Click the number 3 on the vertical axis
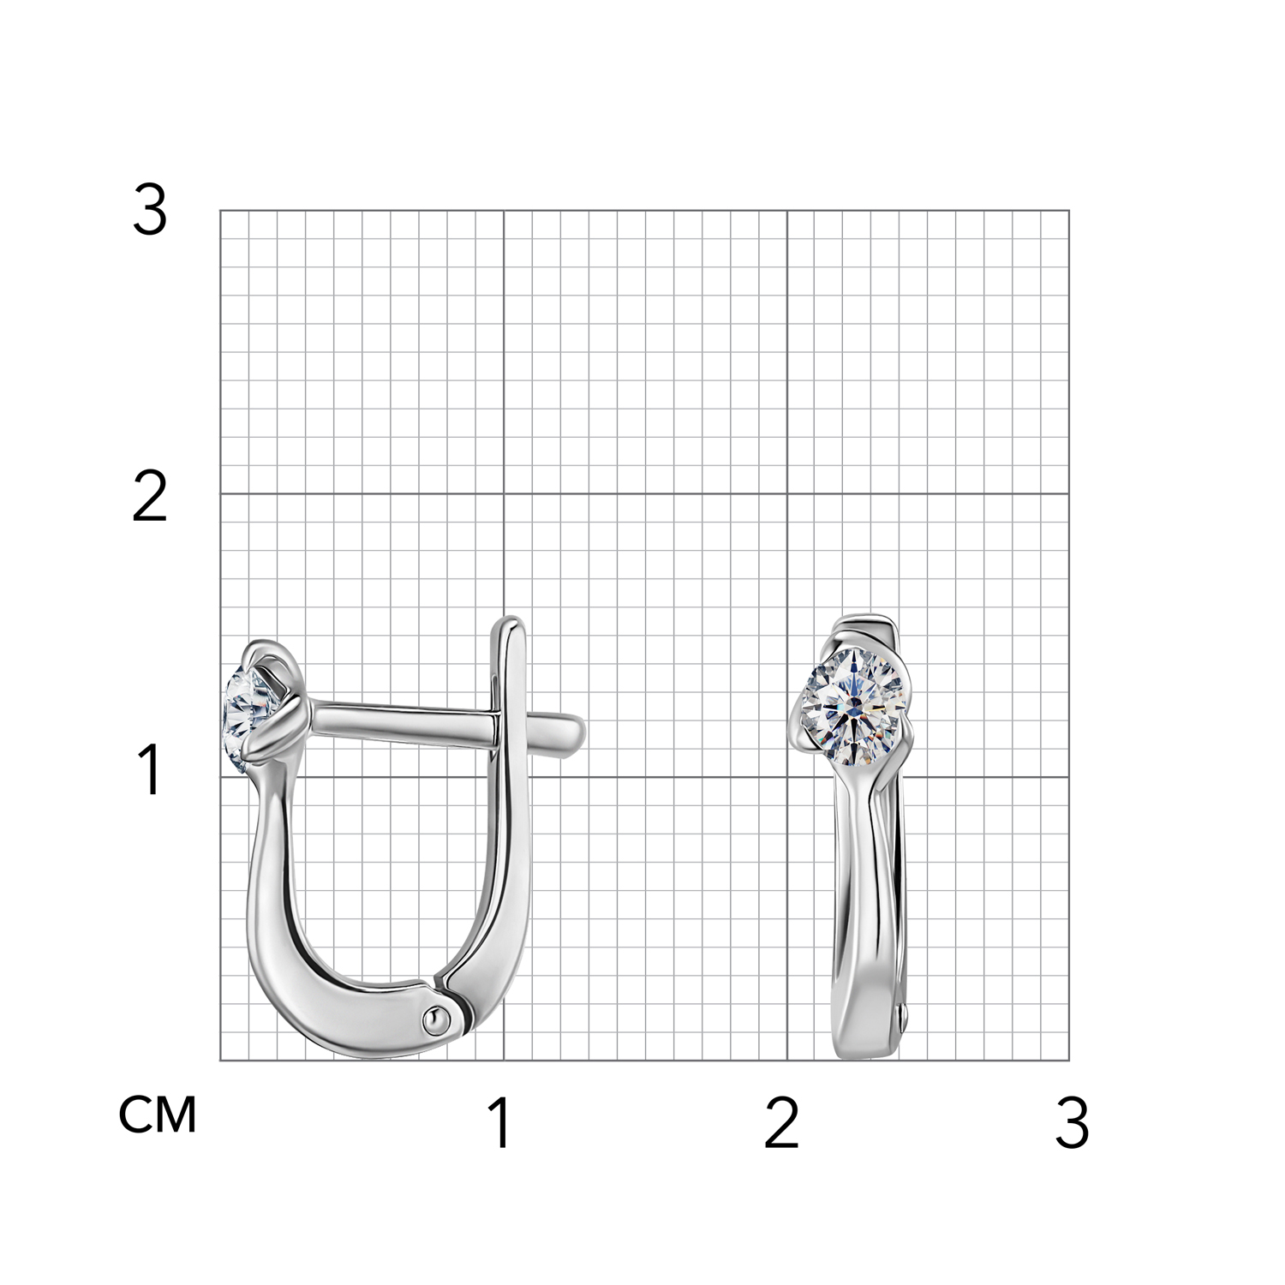[150, 212]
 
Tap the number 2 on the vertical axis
[150, 498]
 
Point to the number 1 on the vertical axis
[151, 770]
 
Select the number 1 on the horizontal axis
[501, 1123]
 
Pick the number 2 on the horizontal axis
[781, 1123]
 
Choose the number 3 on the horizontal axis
[1072, 1123]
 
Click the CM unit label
[158, 1115]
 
